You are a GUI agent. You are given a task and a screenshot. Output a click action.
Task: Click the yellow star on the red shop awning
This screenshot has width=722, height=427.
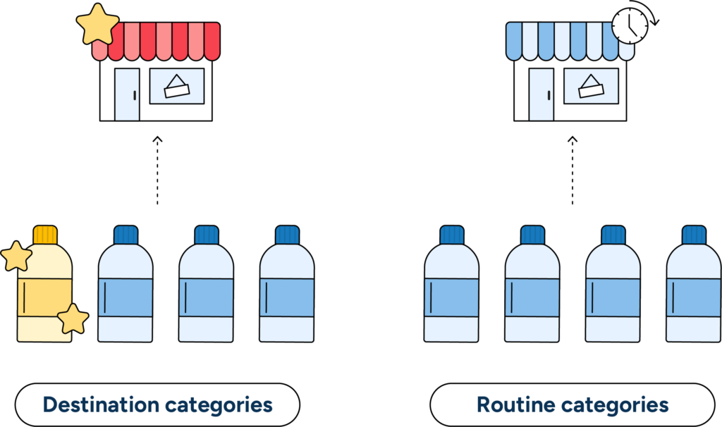tap(97, 24)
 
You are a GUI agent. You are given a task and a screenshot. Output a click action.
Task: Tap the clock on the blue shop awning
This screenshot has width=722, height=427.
tap(629, 26)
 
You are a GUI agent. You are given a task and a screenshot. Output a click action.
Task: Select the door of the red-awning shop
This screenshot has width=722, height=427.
tap(127, 94)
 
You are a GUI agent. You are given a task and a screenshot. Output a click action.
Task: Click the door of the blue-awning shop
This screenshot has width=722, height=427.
tap(541, 94)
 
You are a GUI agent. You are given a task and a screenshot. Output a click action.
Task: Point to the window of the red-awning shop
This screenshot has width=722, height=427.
tap(176, 86)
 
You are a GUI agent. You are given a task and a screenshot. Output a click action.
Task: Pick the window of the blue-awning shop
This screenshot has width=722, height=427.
tap(591, 86)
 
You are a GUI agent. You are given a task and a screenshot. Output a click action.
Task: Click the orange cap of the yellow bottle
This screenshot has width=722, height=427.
tap(45, 235)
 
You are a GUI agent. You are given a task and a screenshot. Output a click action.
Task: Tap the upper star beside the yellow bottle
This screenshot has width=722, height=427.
tap(16, 256)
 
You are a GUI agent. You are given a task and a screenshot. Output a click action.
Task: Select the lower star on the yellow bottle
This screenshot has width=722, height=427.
tap(72, 319)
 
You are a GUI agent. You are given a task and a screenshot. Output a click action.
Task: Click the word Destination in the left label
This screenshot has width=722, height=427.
tap(100, 405)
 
